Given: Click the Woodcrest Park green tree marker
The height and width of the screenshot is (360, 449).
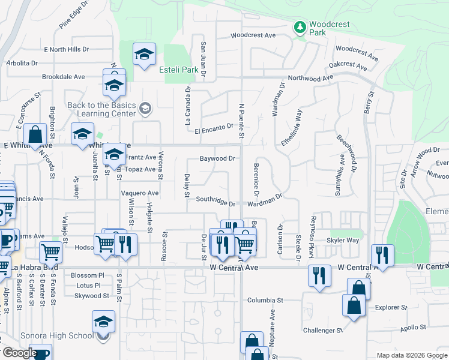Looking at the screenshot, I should pyautogui.click(x=300, y=27).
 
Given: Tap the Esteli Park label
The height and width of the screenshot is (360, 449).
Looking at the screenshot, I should pyautogui.click(x=178, y=70).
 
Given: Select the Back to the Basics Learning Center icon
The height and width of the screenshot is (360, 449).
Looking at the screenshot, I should pyautogui.click(x=144, y=108).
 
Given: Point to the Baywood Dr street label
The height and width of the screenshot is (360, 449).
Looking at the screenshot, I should pyautogui.click(x=217, y=159).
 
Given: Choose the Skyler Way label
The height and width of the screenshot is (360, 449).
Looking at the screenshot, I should pyautogui.click(x=342, y=240).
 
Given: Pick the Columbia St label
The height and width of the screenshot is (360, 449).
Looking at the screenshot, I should pyautogui.click(x=265, y=300).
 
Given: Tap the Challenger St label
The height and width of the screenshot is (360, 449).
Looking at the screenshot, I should pyautogui.click(x=322, y=330).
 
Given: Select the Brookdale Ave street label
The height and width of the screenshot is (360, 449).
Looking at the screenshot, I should pyautogui.click(x=64, y=77).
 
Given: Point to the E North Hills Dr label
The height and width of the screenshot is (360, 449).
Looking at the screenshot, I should pyautogui.click(x=66, y=49).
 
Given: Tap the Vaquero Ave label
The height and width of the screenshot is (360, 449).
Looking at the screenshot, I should pyautogui.click(x=139, y=193).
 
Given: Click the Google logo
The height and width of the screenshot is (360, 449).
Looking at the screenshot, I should pyautogui.click(x=19, y=353).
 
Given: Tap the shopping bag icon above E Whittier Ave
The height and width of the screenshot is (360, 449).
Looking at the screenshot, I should pyautogui.click(x=36, y=135).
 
